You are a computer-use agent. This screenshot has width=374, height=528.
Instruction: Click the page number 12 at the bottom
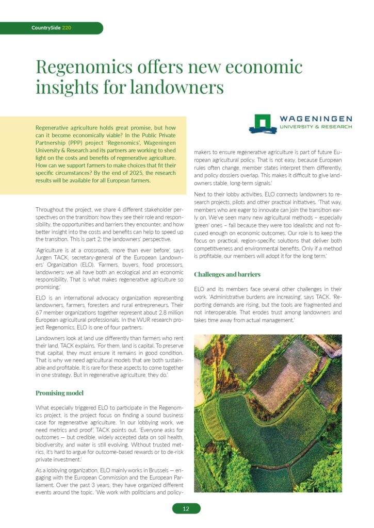click(186, 509)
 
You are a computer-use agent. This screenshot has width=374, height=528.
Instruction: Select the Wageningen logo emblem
click(263, 124)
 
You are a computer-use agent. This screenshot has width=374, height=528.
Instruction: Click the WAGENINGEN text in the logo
click(316, 119)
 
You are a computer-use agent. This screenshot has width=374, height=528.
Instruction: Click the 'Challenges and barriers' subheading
click(227, 274)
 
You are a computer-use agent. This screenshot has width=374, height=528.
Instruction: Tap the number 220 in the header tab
click(67, 28)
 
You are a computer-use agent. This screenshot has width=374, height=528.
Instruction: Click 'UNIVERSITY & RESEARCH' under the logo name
click(316, 126)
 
